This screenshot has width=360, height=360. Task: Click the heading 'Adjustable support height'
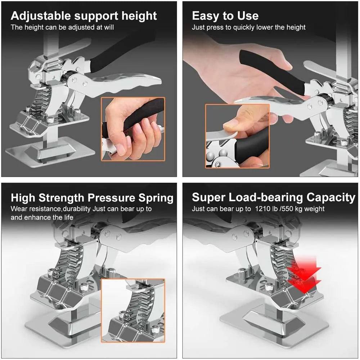(84, 16)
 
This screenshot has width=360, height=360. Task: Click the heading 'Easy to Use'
(225, 16)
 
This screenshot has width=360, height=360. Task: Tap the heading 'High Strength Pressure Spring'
(92, 198)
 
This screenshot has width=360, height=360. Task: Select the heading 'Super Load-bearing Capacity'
(274, 197)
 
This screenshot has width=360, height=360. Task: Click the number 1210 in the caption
(262, 209)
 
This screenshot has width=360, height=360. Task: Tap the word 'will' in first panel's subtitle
(108, 27)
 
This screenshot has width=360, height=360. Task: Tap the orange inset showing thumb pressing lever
(237, 136)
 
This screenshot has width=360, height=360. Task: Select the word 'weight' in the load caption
(315, 209)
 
